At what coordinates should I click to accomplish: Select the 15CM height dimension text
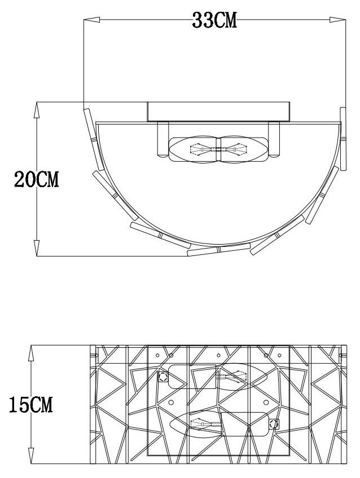(30, 404)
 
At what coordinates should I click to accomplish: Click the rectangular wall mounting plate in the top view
(219, 112)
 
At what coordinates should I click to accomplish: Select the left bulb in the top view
(195, 150)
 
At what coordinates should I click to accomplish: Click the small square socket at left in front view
(163, 377)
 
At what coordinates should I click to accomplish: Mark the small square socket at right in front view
(274, 424)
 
